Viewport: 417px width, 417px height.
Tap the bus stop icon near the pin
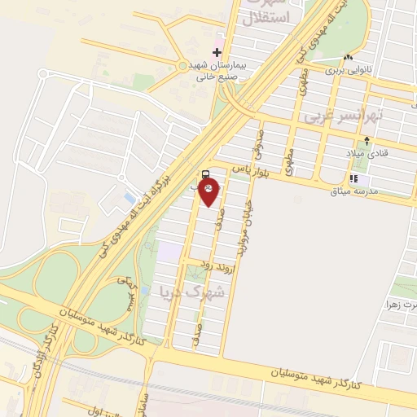(x=204, y=174)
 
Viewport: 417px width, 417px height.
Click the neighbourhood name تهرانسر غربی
(x=342, y=117)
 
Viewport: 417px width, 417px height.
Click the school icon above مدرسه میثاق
(x=353, y=178)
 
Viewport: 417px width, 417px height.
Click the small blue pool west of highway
(x=129, y=198)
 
